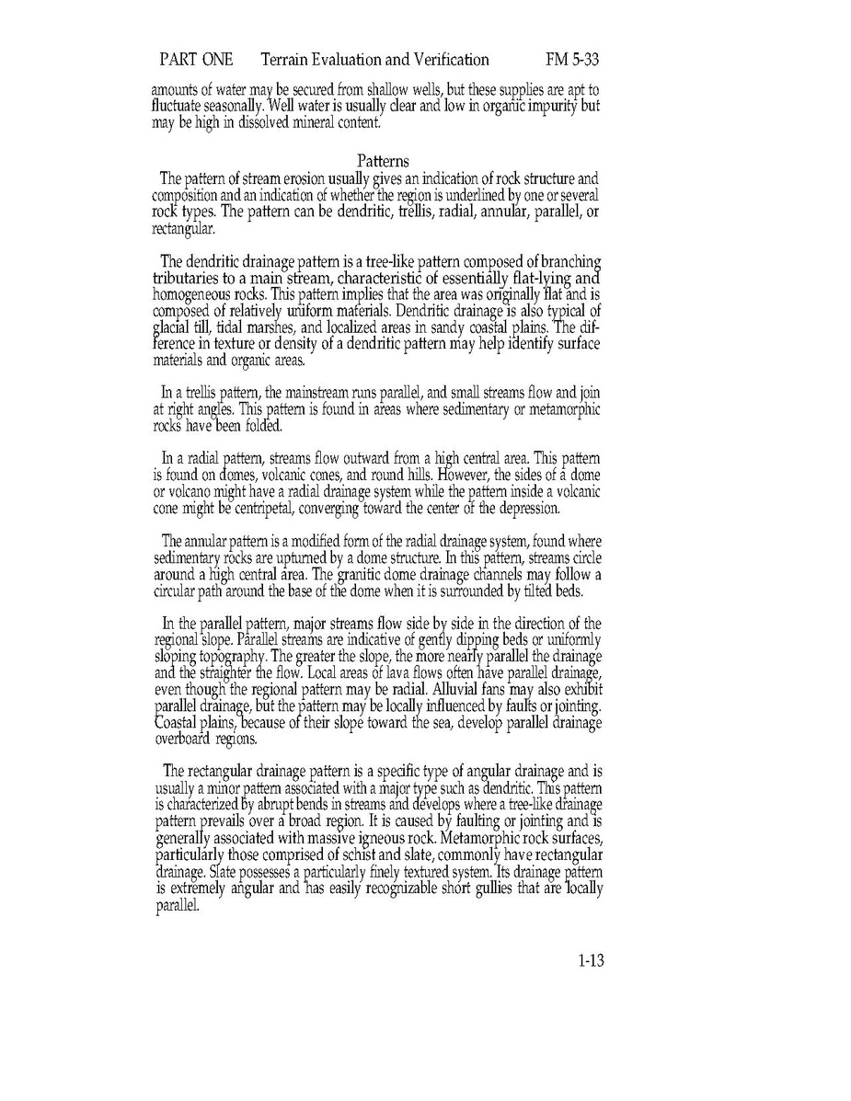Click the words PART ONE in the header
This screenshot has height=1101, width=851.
point(196,61)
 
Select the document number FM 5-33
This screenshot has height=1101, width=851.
point(572,61)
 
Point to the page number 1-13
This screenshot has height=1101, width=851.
point(590,962)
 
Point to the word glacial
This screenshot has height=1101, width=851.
point(171,341)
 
